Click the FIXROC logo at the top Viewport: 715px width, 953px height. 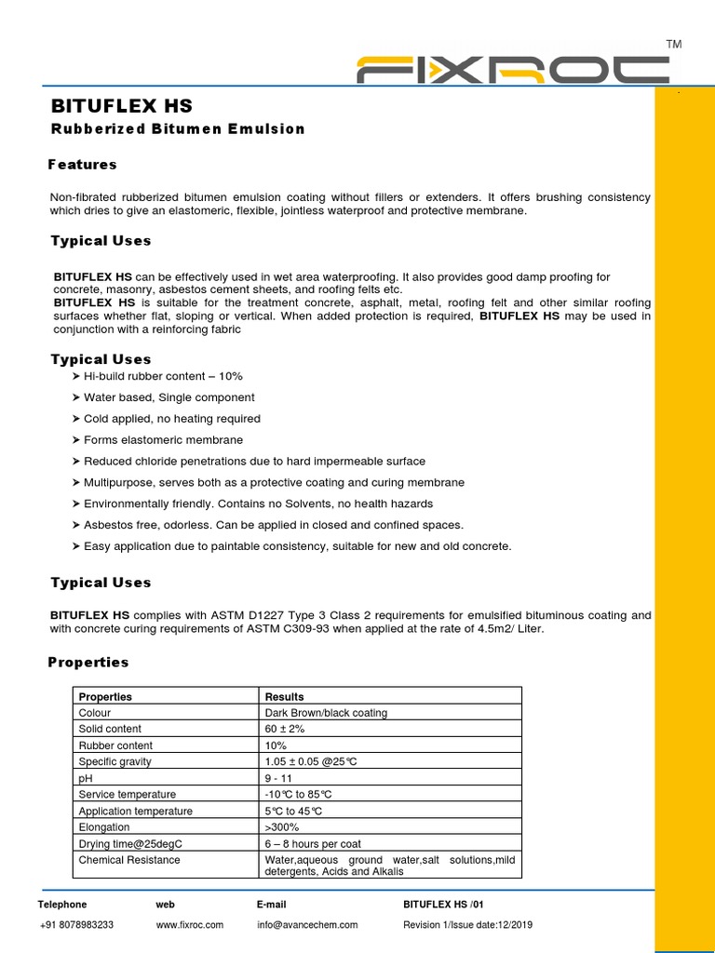pos(513,71)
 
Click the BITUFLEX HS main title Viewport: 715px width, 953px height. pos(121,106)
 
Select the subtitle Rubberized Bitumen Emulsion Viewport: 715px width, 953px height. pos(178,129)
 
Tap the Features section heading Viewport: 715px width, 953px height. pos(83,165)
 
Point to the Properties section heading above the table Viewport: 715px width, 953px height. pos(88,663)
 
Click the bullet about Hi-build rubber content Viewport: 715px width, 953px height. pos(163,376)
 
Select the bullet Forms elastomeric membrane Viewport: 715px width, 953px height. pos(163,440)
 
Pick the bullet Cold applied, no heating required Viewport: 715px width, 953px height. pos(171,419)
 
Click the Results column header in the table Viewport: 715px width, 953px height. pos(284,696)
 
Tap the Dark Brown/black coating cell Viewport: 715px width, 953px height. pos(326,713)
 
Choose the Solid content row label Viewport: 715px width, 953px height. pos(110,729)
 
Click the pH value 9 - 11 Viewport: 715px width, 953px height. pos(279,778)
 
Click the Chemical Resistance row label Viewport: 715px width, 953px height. pos(129,860)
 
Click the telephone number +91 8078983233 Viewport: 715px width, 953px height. pos(76,925)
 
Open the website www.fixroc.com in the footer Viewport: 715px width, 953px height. pos(189,925)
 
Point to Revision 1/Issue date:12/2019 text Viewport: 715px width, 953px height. pos(467,925)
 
